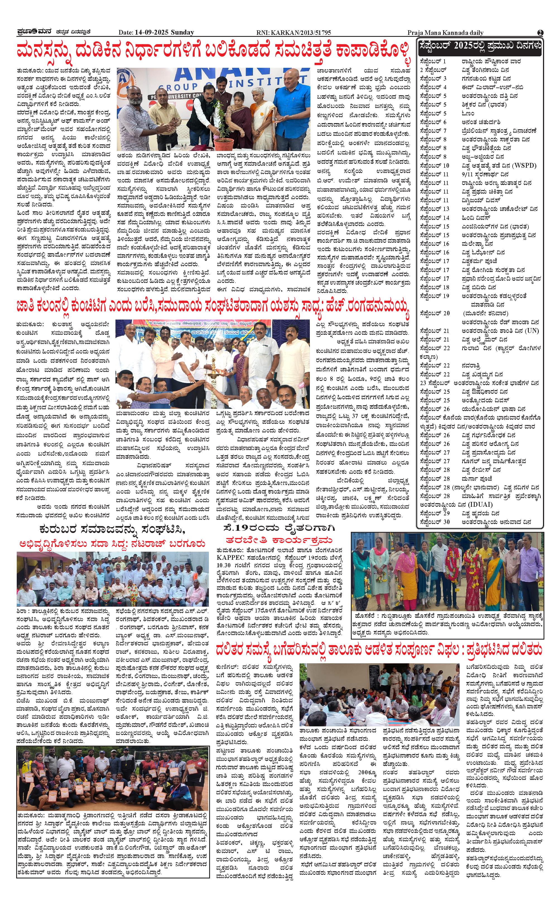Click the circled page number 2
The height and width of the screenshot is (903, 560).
540,33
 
